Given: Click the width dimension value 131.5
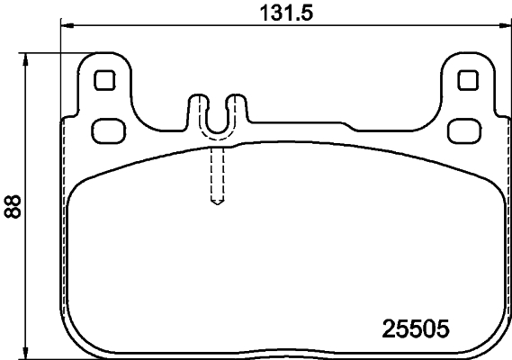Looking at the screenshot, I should (x=280, y=13).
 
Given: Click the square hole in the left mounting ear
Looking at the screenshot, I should (x=104, y=80).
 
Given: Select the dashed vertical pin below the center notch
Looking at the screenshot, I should (x=216, y=175).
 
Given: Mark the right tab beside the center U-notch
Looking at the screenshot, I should (x=237, y=106).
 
